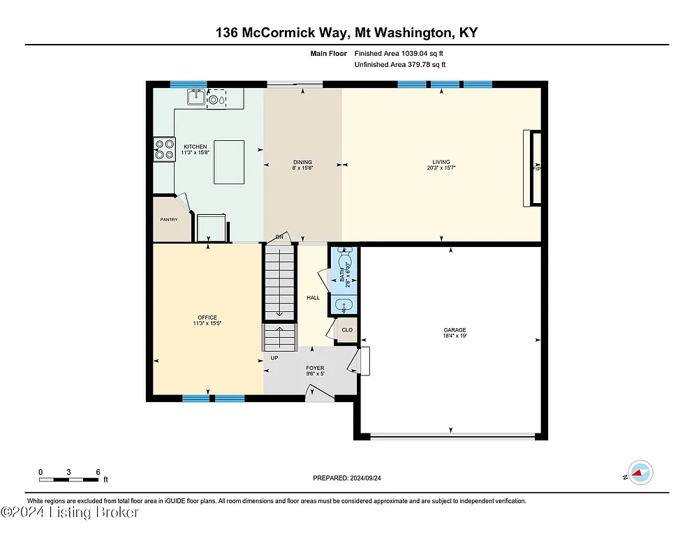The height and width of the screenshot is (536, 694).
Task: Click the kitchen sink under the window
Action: click(195, 99)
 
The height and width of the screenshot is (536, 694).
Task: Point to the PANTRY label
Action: click(168, 220)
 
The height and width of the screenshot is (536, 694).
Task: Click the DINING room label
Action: click(302, 162)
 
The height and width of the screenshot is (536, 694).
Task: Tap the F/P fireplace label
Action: click(536, 169)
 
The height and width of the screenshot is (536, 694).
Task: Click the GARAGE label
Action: click(454, 330)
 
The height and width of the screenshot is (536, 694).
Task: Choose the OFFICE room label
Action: click(207, 318)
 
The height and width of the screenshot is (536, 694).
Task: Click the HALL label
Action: click(313, 298)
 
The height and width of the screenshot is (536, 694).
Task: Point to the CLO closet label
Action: click(346, 329)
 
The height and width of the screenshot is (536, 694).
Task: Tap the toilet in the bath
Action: click(344, 261)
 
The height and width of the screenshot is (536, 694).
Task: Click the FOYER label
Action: click(315, 368)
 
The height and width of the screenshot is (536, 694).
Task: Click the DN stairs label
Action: click(279, 237)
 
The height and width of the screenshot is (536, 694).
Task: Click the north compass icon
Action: click(640, 472)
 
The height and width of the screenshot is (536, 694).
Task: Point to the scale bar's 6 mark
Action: click(97, 471)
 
